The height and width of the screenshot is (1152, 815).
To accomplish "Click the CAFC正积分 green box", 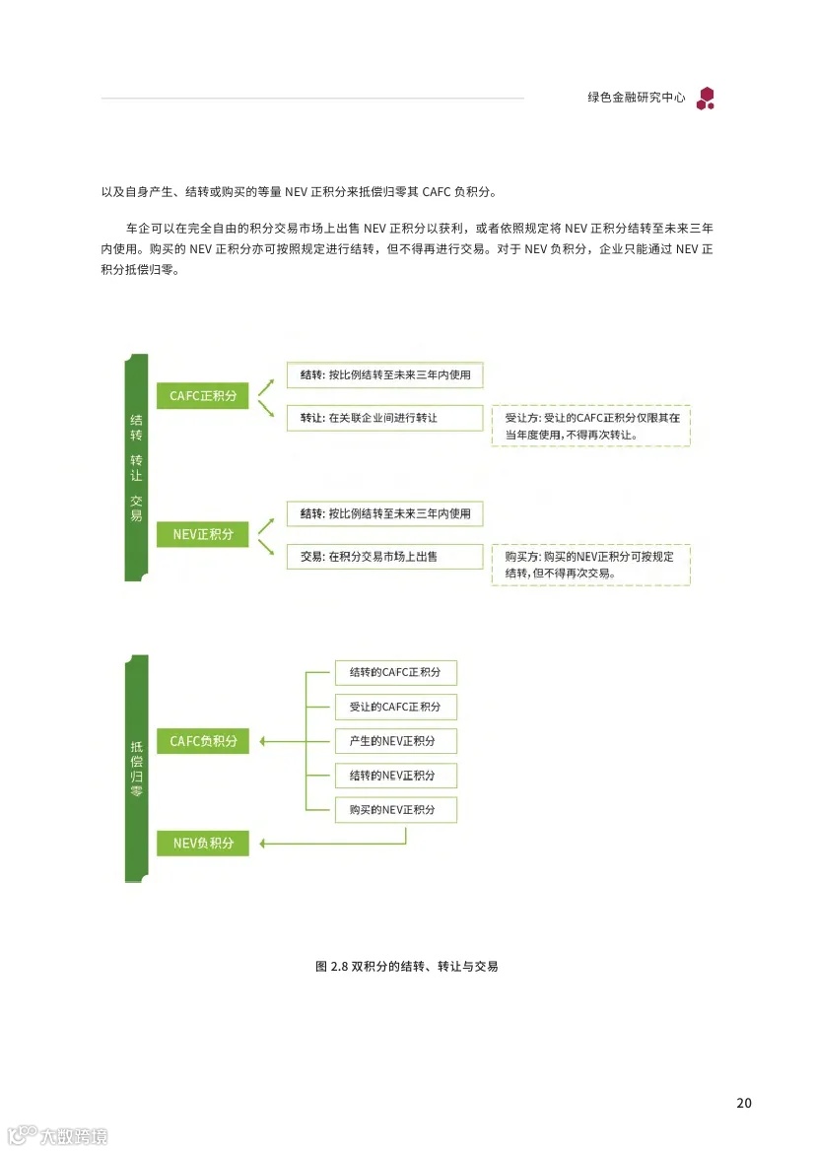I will coord(203,396).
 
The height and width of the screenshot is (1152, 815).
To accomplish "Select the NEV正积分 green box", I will coord(203,534).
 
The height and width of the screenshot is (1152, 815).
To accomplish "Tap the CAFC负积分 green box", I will coord(203,741).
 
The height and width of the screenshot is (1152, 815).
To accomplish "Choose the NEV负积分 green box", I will coord(203,843).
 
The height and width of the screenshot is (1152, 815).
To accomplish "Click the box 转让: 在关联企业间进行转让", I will coord(384,418).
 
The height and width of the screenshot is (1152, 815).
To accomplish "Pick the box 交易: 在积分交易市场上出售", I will coord(384,556).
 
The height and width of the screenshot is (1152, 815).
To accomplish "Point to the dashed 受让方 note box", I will coord(590,426).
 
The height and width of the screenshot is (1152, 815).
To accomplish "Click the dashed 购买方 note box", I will coord(590,565).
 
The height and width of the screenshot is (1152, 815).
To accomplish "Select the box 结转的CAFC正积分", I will coord(395,673).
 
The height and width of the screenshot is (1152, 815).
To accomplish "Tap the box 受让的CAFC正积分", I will coord(395,707).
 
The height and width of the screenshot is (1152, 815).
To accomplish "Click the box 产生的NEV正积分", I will coord(395,741).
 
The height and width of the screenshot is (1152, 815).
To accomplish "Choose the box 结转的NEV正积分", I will coord(395,776).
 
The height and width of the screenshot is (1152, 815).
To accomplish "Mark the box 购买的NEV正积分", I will coord(395,810).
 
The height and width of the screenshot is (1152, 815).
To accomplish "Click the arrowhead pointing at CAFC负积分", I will coord(263,741).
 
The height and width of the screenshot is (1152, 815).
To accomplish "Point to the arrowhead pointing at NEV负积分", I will coord(263,843).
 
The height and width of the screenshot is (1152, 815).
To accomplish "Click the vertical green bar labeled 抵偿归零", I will coord(136,769).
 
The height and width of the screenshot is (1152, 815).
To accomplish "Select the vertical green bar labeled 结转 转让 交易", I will coord(136,467).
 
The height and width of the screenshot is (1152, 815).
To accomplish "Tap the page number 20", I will coord(744,1103).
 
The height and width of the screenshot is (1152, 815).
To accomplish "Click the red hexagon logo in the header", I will coord(706,98).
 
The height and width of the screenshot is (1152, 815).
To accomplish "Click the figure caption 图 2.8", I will coord(406,967).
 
